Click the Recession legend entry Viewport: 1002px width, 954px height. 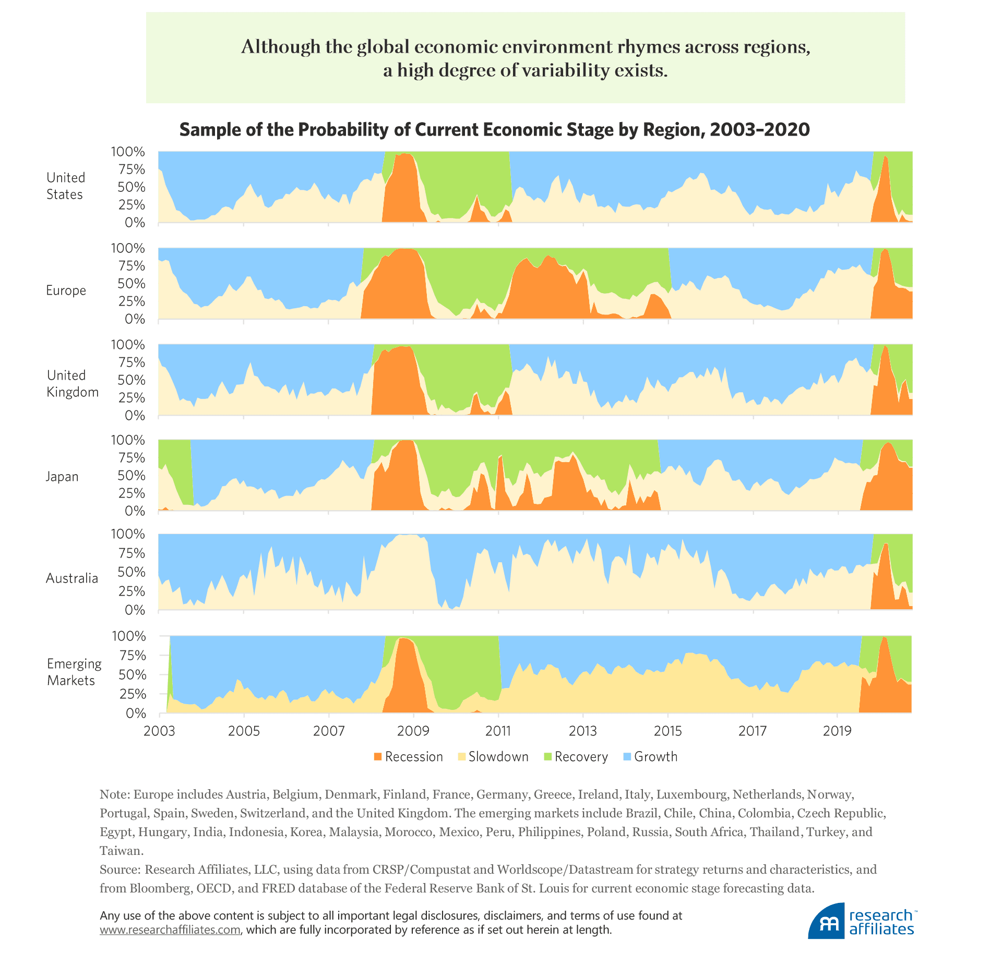(x=408, y=757)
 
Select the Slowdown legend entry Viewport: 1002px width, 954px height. (x=493, y=757)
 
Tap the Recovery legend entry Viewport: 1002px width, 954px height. (x=576, y=757)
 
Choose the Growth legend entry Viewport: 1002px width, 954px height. (x=650, y=757)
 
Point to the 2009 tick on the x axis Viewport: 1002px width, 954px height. (x=413, y=731)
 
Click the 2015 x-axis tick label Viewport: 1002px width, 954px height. (x=668, y=731)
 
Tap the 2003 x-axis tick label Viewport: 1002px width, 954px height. (x=159, y=731)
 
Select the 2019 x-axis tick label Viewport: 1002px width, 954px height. (x=838, y=731)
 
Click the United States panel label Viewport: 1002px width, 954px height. (x=65, y=186)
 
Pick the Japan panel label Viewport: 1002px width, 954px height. (x=62, y=477)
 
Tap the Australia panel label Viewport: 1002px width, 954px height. (x=72, y=578)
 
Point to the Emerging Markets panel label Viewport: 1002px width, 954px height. (x=74, y=672)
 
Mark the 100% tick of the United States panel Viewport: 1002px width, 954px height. (x=128, y=152)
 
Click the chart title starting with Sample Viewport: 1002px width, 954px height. (x=494, y=129)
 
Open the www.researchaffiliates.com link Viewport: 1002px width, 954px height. (x=170, y=929)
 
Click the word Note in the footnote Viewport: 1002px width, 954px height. (x=113, y=794)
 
